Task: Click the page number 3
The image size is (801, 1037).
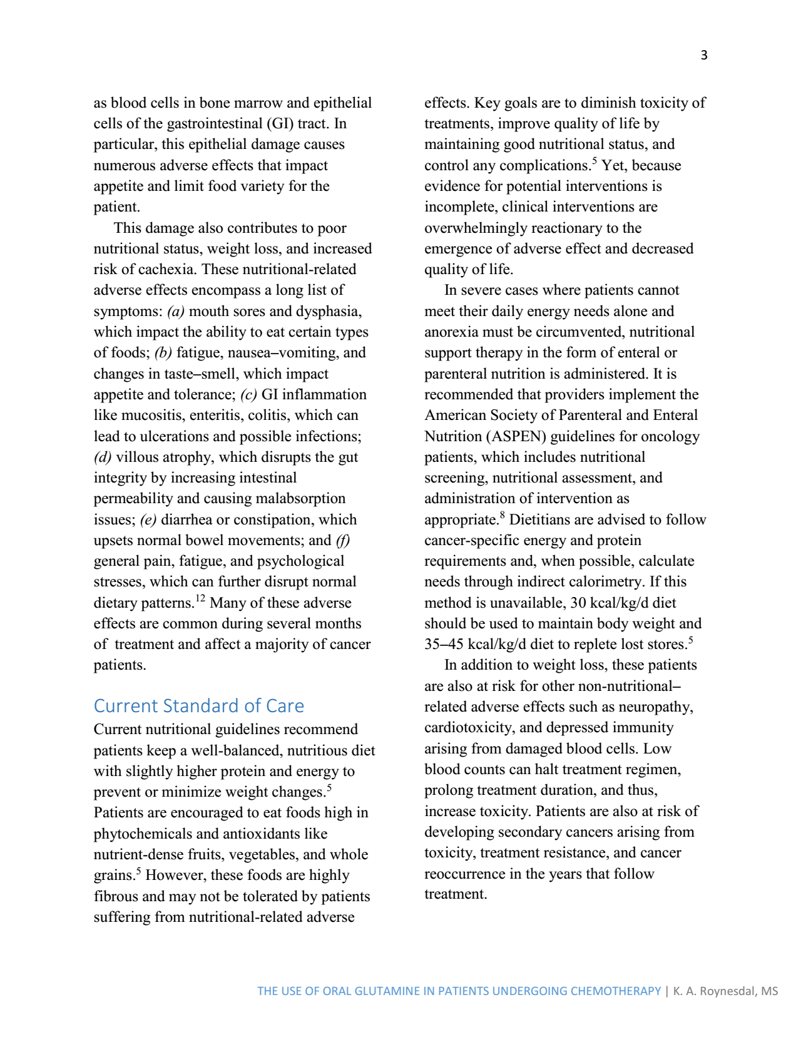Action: tap(704, 55)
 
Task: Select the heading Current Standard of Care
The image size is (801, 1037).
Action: tap(198, 706)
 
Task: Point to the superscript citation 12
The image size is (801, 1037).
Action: tap(200, 598)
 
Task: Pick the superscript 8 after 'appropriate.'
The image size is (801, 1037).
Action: tap(503, 515)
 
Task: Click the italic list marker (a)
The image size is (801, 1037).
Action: tap(176, 311)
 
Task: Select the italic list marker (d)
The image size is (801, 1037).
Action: tap(103, 457)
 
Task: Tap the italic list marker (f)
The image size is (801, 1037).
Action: tap(343, 540)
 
